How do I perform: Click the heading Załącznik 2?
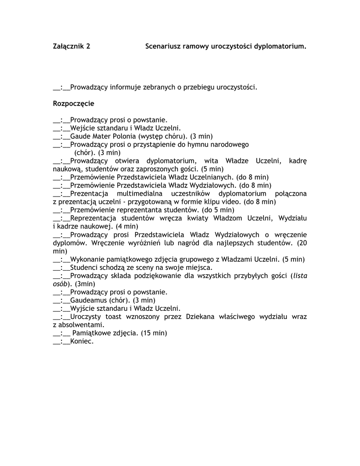pos(71,46)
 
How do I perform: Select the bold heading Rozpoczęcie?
pos(74,104)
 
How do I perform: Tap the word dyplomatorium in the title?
pos(279,46)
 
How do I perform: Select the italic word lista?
pos(300,275)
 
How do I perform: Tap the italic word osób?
pos(61,284)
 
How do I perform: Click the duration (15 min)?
pos(154,333)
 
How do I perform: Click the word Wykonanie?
pos(86,259)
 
